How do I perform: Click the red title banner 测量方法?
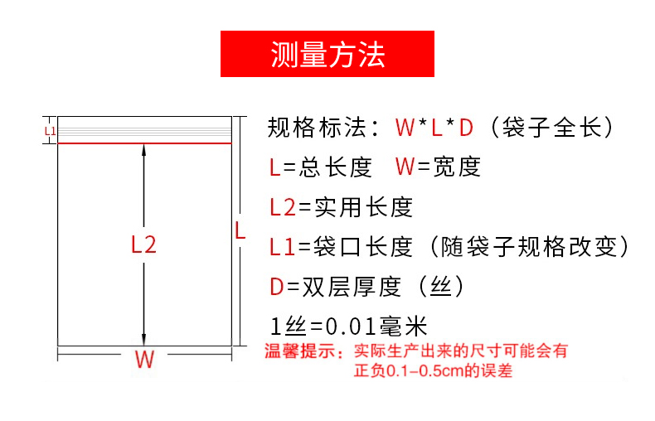327,55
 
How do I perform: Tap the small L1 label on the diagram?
50,130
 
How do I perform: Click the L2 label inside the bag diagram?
143,244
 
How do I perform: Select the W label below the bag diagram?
144,361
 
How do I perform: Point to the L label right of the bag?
240,230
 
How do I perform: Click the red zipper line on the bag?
143,143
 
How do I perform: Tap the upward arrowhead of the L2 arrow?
144,150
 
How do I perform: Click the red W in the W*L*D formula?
405,128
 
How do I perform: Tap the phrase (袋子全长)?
551,128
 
